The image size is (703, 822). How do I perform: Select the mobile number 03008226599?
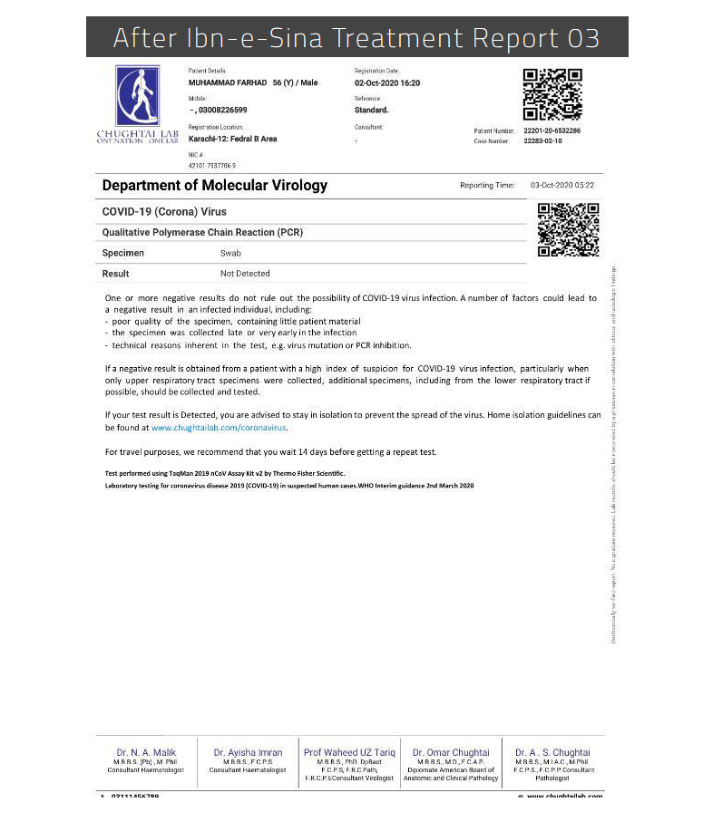click(x=222, y=110)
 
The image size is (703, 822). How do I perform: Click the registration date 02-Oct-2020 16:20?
click(x=386, y=83)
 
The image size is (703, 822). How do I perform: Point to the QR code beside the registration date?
click(x=552, y=94)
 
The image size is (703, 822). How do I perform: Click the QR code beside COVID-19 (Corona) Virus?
click(x=568, y=229)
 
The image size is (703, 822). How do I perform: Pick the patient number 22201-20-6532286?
click(x=552, y=131)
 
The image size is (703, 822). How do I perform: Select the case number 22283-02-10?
click(x=542, y=141)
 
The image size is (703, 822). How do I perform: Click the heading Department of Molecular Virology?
click(x=215, y=186)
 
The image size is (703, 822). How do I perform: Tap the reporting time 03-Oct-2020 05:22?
click(x=563, y=186)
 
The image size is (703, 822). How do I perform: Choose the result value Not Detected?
click(x=245, y=274)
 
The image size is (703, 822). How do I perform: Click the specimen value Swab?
click(x=230, y=254)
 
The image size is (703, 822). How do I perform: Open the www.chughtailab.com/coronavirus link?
click(x=219, y=427)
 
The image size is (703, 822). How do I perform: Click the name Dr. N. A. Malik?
click(x=146, y=752)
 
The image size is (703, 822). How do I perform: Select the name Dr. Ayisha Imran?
click(x=248, y=752)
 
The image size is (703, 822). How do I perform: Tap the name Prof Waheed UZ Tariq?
click(x=349, y=752)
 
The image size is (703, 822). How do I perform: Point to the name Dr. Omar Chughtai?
click(x=451, y=752)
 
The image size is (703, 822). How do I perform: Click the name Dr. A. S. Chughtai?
click(x=552, y=752)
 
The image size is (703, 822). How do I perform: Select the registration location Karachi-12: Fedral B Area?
click(x=232, y=139)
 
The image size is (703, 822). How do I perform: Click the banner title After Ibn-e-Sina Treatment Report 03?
click(x=356, y=38)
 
